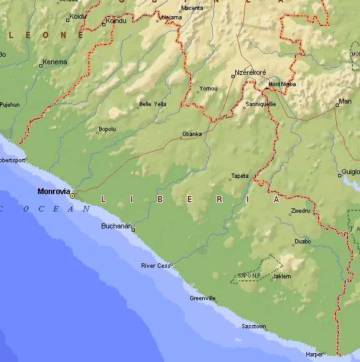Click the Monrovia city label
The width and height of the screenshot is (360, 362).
click(x=54, y=191)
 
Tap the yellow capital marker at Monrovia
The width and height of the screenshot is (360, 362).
click(x=72, y=196)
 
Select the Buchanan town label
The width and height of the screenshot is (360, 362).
click(x=116, y=226)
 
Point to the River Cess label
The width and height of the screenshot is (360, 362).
click(x=155, y=266)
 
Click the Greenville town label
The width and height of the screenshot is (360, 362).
click(x=203, y=298)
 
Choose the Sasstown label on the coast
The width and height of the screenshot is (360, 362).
click(x=254, y=326)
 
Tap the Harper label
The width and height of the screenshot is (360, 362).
click(x=314, y=354)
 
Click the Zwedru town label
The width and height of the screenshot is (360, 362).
click(x=300, y=211)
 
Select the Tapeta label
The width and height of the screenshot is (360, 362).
click(x=239, y=176)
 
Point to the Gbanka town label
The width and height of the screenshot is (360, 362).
click(x=191, y=134)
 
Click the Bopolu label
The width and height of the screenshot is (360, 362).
click(x=107, y=129)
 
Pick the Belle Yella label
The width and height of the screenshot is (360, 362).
click(x=152, y=104)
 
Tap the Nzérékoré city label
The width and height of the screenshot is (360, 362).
click(x=250, y=72)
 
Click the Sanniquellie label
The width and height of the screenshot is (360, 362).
click(x=261, y=104)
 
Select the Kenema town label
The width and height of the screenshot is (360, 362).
click(x=54, y=62)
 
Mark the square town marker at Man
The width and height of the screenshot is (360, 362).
click(x=337, y=105)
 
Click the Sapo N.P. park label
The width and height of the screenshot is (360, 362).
click(x=249, y=275)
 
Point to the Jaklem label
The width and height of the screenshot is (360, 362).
click(x=282, y=276)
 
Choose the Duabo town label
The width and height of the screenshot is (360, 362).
click(x=302, y=241)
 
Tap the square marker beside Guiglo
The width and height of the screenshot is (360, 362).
click(x=340, y=176)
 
